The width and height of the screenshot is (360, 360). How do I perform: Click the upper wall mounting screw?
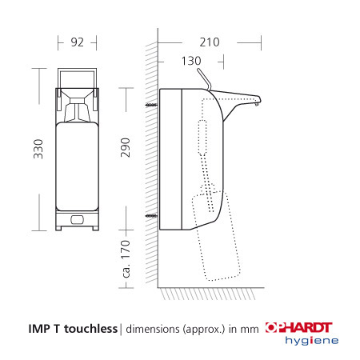pos(152,105)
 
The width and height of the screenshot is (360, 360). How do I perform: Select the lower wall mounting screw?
pos(152,215)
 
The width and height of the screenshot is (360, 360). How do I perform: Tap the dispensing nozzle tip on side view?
pos(258,102)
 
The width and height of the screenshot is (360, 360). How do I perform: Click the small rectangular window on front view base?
pos(77,219)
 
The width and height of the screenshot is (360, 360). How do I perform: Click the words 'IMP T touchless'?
pos(70,327)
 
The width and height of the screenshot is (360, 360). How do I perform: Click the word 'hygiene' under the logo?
pos(312,341)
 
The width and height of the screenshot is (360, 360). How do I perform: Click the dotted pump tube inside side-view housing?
pos(206,160)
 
